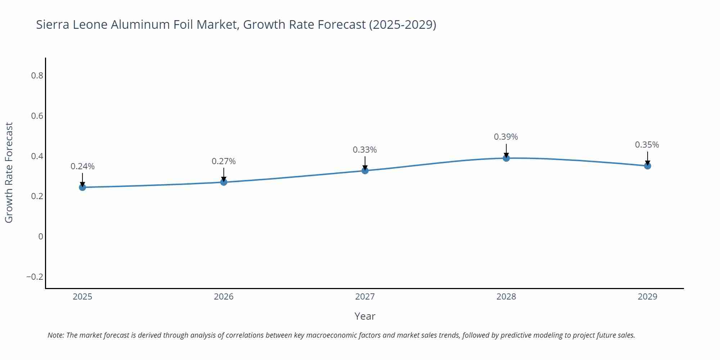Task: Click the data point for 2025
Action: tap(82, 187)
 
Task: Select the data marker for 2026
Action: tap(224, 182)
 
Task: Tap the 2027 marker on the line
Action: tap(365, 171)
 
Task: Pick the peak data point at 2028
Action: tap(506, 158)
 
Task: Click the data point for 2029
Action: tap(647, 166)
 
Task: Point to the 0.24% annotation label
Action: tap(82, 166)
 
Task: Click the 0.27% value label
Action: tap(224, 161)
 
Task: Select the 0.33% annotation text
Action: tap(365, 150)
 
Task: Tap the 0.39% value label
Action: tap(506, 137)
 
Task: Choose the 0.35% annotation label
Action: tap(647, 145)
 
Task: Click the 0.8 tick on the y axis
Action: tap(37, 76)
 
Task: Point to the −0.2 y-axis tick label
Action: tap(35, 277)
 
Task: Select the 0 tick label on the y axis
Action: tap(41, 237)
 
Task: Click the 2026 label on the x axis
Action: tap(224, 297)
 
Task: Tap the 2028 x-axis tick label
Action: tap(506, 297)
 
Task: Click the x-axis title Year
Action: tap(365, 316)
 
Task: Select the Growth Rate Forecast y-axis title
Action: tap(9, 172)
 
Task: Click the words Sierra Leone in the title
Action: tap(72, 24)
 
